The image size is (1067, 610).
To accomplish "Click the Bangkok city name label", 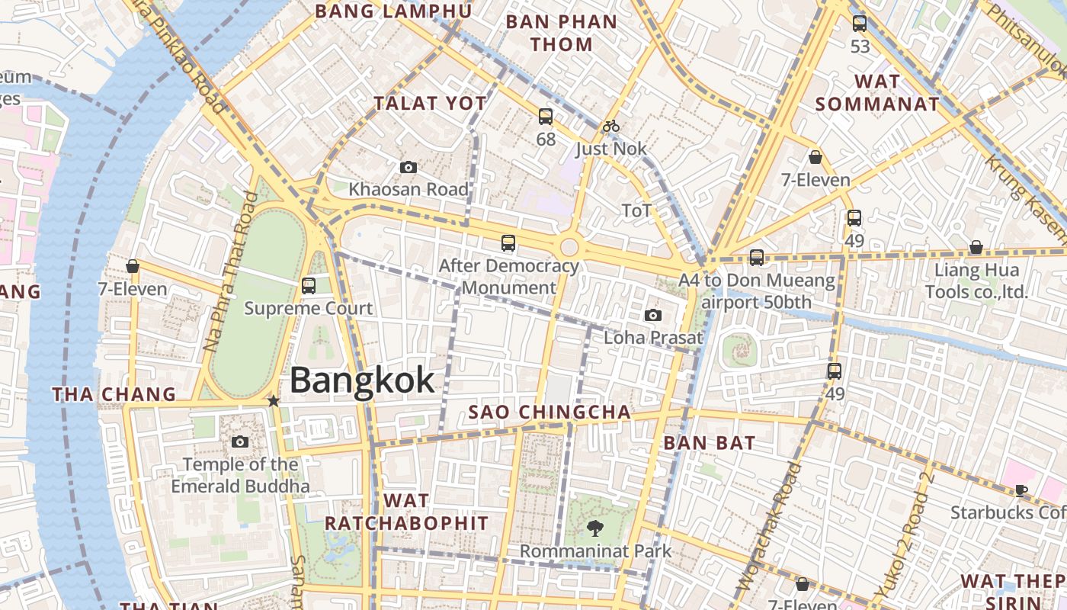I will coord(362,380).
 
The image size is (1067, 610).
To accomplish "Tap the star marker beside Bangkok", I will coord(274,400).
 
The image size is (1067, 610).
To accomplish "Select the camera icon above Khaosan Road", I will coord(409,167).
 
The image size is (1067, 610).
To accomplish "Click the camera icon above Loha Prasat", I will coord(653,315).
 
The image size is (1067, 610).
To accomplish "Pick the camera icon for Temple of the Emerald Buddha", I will coord(240,441).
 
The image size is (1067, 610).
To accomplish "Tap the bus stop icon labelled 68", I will coord(546,117).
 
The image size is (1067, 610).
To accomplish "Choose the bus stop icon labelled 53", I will coord(860,24).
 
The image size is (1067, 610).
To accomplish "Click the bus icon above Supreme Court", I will coord(309,286).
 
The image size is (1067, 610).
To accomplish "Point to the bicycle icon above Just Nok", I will coord(611,126).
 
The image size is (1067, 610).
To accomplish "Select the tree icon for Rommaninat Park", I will coord(594,528).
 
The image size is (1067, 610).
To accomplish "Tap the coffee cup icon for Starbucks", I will coord(1021,490).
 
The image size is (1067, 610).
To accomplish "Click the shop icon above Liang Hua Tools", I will coord(976,247).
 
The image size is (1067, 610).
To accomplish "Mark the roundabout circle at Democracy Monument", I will coord(569,247).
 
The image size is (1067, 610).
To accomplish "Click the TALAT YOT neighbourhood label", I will coord(430,104).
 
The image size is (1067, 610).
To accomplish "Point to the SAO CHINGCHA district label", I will coord(550,413).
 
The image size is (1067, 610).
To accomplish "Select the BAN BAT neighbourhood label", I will coord(710,443).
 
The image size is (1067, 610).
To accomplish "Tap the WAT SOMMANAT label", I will coord(877,93).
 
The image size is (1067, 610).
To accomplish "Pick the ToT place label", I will coord(636,210).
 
